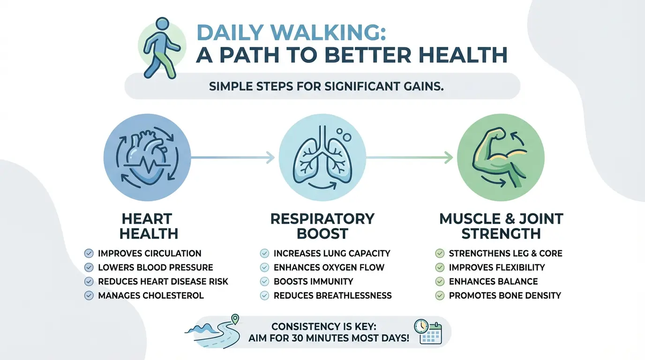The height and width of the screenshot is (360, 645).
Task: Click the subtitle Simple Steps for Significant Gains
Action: coord(326,86)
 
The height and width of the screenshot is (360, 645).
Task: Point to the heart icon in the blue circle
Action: coord(147,157)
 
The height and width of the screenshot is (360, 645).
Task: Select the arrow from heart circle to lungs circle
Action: coord(232,157)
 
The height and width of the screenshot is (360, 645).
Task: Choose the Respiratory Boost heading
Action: coord(322,226)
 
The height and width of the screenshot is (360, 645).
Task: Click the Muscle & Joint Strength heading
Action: coord(501,226)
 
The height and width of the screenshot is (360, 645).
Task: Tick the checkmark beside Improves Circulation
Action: coord(89,254)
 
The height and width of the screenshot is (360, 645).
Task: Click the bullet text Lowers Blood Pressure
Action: coord(156,268)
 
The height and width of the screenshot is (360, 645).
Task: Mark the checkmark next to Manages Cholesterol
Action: coord(89,296)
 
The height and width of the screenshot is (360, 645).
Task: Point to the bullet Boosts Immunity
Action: coord(313,282)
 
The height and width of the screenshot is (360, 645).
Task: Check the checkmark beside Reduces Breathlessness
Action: coord(264,296)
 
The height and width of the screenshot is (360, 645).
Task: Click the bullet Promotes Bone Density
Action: coord(505,296)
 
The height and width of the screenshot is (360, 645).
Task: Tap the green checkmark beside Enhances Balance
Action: coord(440,282)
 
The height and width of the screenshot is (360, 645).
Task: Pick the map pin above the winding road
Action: coord(235,319)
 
